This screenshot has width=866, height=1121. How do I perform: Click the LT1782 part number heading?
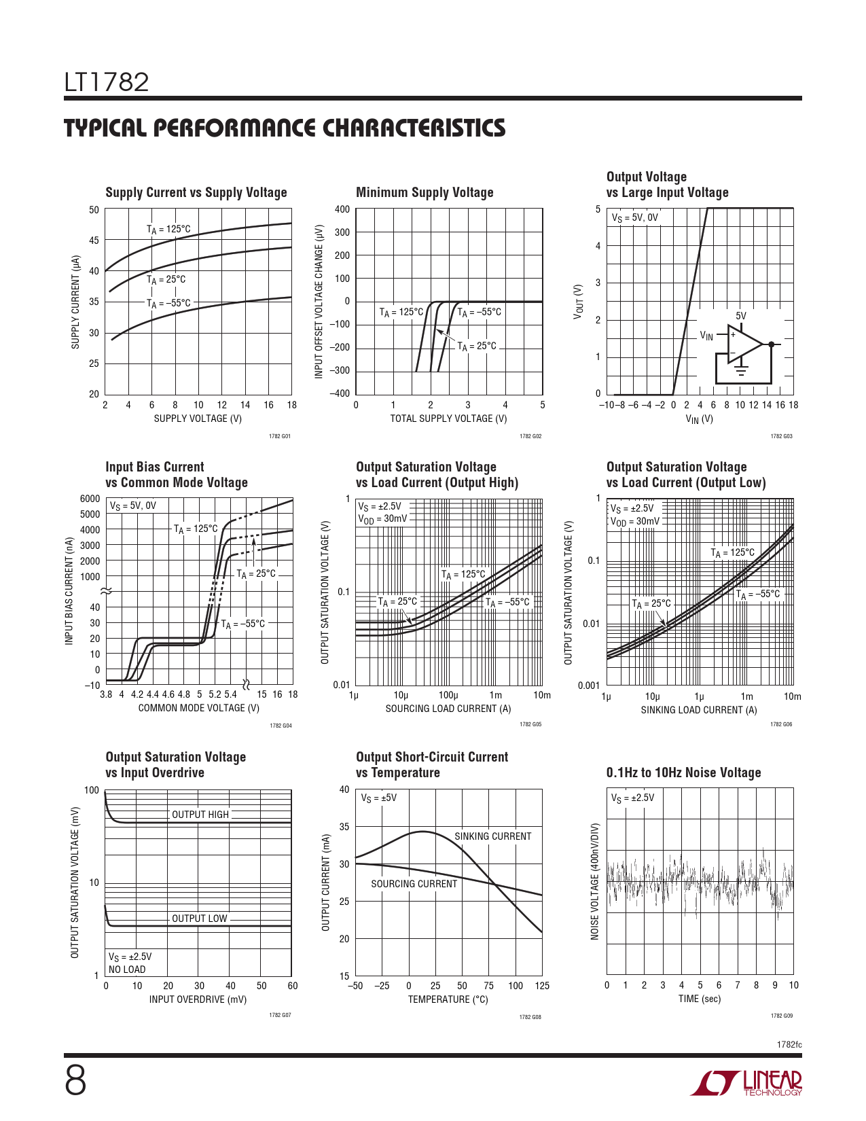pos(107,82)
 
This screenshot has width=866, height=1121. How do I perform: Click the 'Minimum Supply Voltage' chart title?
pos(425,192)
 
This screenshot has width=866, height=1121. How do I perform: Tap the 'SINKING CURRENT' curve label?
pos(492,836)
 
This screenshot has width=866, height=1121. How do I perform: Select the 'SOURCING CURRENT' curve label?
pos(414,884)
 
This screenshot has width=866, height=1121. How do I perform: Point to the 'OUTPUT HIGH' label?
pos(200,815)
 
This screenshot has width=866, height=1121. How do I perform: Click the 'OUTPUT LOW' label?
pos(199,919)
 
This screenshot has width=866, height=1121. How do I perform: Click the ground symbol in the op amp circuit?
pos(741,370)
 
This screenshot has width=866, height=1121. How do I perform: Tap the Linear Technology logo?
pos(746,1083)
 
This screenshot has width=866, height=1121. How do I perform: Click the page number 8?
pos(75,1081)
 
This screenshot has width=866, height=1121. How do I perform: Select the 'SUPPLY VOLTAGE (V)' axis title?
pos(198,419)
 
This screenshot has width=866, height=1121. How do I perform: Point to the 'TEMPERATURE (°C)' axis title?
pos(448,999)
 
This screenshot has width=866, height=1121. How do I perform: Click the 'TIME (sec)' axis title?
pos(700,999)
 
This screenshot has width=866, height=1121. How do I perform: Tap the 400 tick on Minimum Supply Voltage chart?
pos(342,209)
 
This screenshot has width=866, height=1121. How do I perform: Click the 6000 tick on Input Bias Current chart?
pos(90,499)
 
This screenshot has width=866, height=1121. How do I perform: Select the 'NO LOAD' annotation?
pos(127,969)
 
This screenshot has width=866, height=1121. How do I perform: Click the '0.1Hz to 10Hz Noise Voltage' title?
pos(683,772)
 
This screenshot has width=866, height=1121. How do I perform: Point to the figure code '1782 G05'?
pos(530,725)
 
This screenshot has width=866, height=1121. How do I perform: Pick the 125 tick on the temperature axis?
pos(541,986)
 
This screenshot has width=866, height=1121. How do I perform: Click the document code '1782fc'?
pos(789,1044)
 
